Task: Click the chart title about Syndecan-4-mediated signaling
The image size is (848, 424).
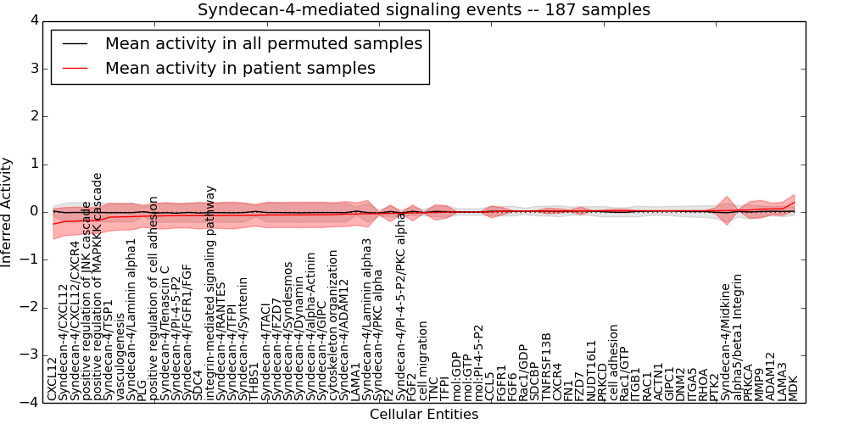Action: click(424, 10)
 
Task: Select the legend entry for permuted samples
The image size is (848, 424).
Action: click(263, 43)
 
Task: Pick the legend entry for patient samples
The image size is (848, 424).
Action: click(240, 68)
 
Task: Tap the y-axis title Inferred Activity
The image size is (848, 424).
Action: click(8, 212)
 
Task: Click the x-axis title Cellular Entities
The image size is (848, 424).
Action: click(424, 414)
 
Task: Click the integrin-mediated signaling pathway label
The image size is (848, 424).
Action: click(210, 290)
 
